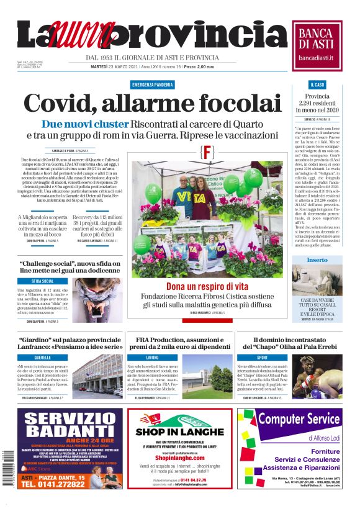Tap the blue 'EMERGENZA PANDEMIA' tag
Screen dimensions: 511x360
click(153, 84)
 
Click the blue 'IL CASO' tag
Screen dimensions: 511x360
click(317, 84)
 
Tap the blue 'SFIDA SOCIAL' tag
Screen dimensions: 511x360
click(43, 281)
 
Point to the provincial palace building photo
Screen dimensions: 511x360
click(97, 376)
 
